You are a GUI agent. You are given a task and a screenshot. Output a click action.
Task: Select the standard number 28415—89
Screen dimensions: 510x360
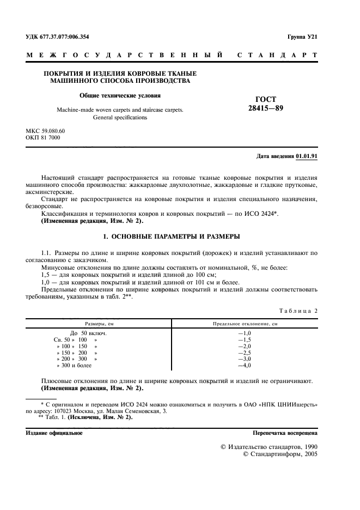click(266, 108)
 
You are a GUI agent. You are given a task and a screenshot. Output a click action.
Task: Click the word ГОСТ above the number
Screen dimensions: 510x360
click(266, 99)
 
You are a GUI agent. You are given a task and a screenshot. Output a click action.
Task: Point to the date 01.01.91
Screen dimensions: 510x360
click(307, 156)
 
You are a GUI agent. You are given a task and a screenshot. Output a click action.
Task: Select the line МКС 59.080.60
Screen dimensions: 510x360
click(45, 131)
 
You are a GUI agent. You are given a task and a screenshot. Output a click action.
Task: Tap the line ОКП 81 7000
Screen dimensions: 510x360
click(43, 138)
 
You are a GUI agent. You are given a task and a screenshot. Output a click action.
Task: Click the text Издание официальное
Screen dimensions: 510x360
click(54, 433)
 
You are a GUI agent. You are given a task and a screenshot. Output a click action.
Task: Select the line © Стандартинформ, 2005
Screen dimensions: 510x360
click(279, 453)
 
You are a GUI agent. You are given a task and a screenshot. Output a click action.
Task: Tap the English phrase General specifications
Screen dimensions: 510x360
click(120, 117)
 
